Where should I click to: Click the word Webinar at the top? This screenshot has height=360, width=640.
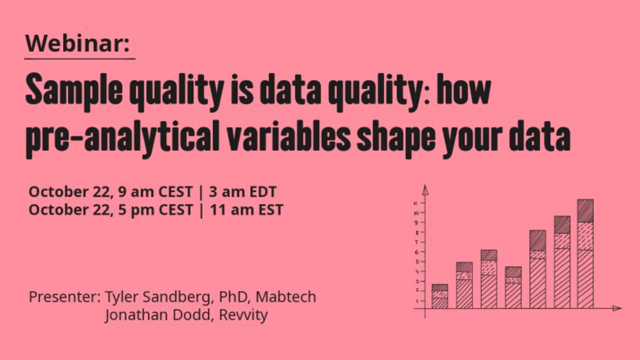tap(75, 44)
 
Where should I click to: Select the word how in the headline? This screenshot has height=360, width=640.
tap(464, 89)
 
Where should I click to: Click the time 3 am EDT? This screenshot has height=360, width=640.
tap(243, 191)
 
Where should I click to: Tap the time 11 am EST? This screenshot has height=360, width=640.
tap(247, 210)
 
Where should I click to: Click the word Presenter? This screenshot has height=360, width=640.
tap(65, 297)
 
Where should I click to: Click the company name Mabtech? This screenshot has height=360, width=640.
tap(286, 296)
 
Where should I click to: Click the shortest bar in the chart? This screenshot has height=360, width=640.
tap(439, 296)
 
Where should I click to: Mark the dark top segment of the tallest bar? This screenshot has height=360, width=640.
tap(586, 211)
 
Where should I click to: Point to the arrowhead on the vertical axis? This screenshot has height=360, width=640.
tap(425, 190)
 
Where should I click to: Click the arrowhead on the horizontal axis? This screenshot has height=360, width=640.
tap(617, 308)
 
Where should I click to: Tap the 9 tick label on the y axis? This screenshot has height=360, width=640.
tap(416, 222)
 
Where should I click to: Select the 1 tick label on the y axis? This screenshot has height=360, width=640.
tap(417, 301)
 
